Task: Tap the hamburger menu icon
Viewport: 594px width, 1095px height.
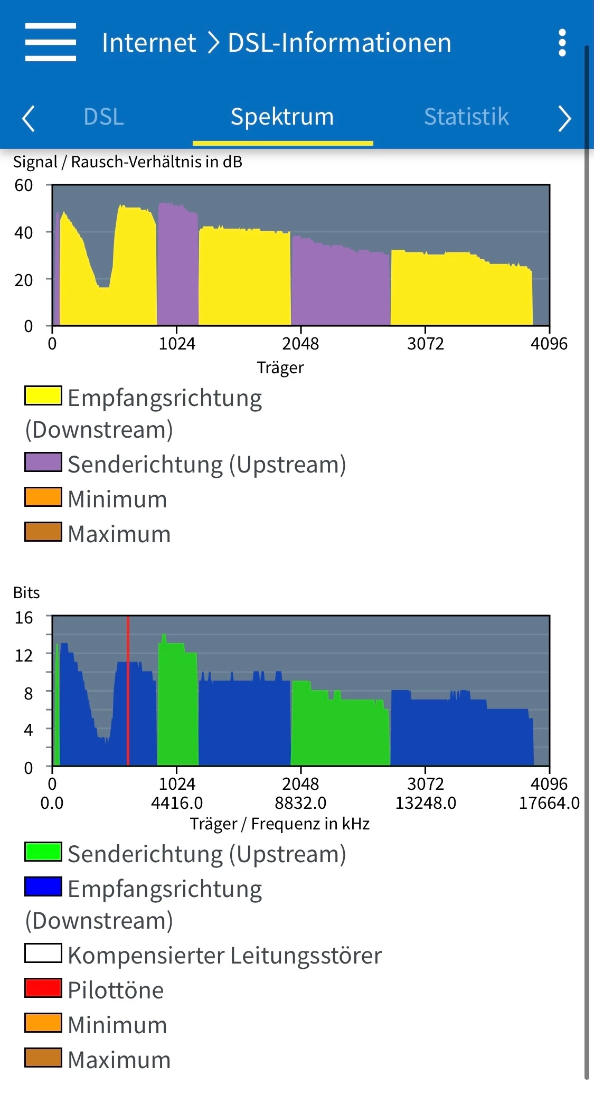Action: point(51,42)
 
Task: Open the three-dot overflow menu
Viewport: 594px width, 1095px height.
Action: point(562,43)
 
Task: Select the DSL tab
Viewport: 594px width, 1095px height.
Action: point(103,117)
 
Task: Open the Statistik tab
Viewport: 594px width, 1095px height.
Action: point(466,117)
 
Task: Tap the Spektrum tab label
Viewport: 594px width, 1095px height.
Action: point(282,117)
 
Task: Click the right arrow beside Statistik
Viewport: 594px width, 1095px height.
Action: point(564,118)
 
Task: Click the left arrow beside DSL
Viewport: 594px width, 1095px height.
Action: point(29,118)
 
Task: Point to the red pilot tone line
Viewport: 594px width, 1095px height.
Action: point(128,692)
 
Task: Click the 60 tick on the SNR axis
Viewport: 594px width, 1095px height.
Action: point(24,185)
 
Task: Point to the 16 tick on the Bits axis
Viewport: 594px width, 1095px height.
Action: point(24,617)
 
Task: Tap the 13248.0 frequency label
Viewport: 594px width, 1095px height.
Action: point(426,803)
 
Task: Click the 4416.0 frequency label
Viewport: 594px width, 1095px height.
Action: point(177,803)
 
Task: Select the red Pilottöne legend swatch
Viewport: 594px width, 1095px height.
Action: point(43,988)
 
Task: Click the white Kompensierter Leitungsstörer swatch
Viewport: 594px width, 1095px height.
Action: point(43,953)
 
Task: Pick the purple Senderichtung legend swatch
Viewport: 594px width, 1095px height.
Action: point(43,462)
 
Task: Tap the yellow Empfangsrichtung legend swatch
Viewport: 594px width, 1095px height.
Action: point(43,395)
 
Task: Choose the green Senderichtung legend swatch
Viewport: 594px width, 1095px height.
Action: point(43,852)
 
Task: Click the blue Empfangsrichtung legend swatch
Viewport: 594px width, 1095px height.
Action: point(43,886)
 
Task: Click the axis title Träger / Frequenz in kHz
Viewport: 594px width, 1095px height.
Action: point(280,824)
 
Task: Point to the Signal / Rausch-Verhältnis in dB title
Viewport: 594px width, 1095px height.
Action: point(128,162)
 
